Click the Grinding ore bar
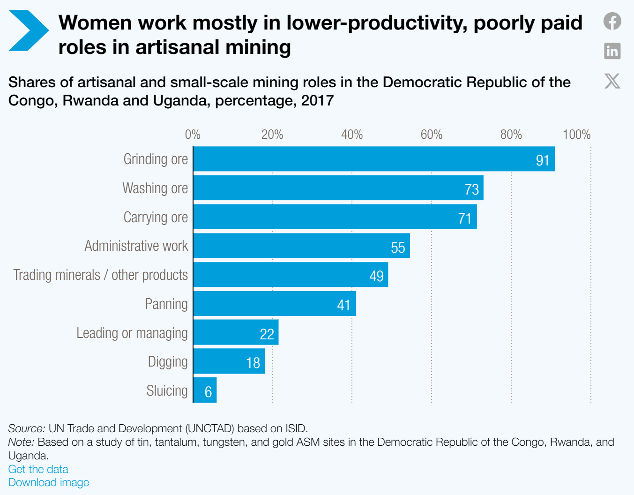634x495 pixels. click(x=374, y=159)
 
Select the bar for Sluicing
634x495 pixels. click(x=205, y=390)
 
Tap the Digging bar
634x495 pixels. click(x=229, y=361)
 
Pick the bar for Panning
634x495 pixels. click(x=275, y=304)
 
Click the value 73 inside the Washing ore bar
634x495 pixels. click(x=471, y=189)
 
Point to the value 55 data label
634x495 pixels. click(x=398, y=247)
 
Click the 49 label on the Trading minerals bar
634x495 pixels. click(x=376, y=276)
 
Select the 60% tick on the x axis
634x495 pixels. click(x=431, y=135)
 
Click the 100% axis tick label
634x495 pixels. click(x=576, y=135)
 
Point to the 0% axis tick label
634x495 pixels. click(x=193, y=135)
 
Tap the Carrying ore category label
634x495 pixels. click(x=156, y=217)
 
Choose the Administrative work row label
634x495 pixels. click(x=136, y=246)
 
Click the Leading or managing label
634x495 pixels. click(x=132, y=333)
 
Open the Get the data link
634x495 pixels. click(x=38, y=469)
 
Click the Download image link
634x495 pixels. click(x=48, y=482)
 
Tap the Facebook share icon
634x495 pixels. click(x=612, y=21)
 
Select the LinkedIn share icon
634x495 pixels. click(x=612, y=51)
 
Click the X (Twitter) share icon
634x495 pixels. click(x=612, y=81)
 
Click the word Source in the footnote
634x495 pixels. click(x=26, y=428)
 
